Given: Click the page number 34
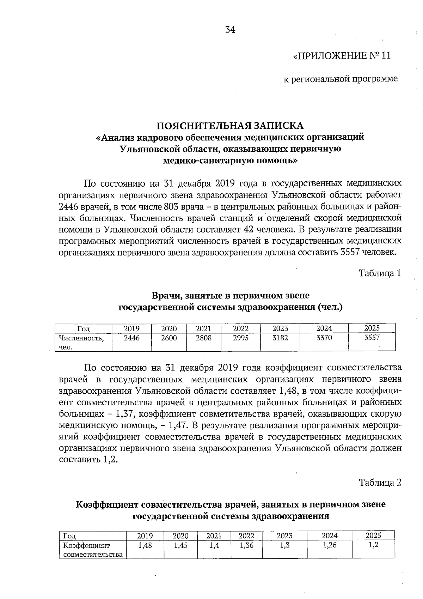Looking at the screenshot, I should click(230, 30).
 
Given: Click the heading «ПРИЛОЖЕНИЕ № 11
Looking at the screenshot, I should click(342, 56).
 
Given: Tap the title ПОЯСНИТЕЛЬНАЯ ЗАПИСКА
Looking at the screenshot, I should click(230, 126).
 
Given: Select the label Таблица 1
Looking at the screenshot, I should click(380, 273).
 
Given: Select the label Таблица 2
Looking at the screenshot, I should click(380, 482).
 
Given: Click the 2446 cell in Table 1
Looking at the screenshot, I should click(131, 338).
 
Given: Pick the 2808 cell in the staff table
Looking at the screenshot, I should click(203, 338).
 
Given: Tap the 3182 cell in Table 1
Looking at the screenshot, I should click(280, 338).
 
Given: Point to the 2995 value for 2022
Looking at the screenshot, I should click(241, 338).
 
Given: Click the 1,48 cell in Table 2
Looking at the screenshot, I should click(145, 545).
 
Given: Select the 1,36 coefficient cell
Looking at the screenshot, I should click(246, 545).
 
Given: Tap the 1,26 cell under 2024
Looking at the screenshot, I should click(330, 545).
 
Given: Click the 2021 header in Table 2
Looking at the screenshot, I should click(214, 536).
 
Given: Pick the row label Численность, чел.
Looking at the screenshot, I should click(81, 342).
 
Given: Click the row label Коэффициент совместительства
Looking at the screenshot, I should click(92, 550).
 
